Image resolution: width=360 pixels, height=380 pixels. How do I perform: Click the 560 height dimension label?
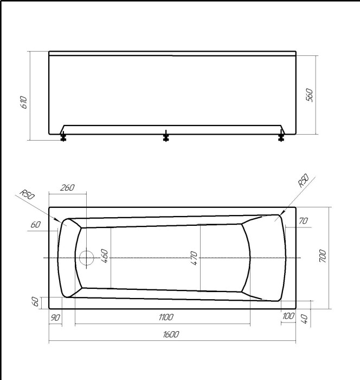tap(310, 95)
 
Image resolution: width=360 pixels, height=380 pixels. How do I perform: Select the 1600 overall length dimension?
tap(171, 335)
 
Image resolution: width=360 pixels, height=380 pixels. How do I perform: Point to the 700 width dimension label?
tap(322, 255)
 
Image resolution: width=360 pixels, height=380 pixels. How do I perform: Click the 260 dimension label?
tap(67, 188)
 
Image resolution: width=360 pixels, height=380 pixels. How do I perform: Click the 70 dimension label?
tap(303, 221)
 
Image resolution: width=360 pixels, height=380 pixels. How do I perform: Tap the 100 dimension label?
tap(288, 316)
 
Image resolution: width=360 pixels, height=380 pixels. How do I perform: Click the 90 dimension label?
tap(55, 317)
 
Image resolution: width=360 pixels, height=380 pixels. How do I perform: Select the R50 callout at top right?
tap(303, 181)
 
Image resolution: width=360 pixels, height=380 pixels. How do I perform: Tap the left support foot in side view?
tap(63, 137)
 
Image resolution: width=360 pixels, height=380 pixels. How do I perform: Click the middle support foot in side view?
tap(166, 137)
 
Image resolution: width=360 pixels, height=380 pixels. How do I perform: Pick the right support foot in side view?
tap(281, 137)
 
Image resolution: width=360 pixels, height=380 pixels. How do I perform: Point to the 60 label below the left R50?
tap(36, 225)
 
